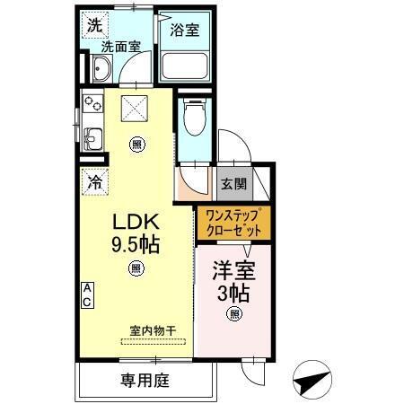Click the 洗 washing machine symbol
coord(94,25)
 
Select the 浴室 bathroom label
coord(185,29)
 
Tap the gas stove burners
coord(93,104)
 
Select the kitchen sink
coord(93,136)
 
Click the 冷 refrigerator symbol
coord(94,181)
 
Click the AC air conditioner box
coord(88,294)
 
